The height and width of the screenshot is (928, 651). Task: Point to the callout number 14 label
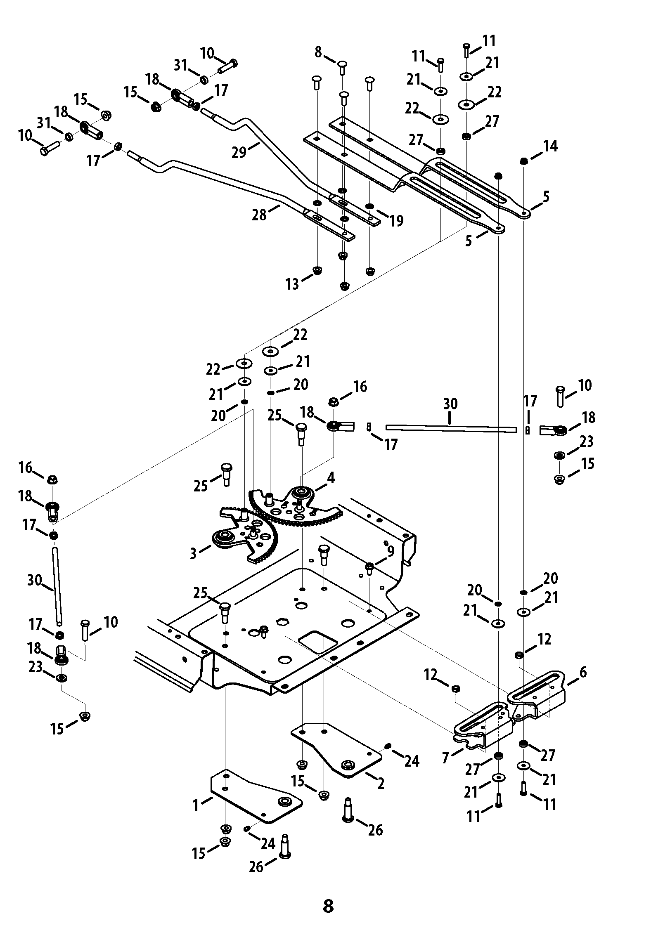tap(551, 146)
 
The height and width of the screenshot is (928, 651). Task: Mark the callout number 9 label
tap(391, 551)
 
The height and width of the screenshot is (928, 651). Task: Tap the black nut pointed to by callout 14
tap(523, 161)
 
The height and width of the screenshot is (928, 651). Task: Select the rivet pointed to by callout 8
tap(342, 67)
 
